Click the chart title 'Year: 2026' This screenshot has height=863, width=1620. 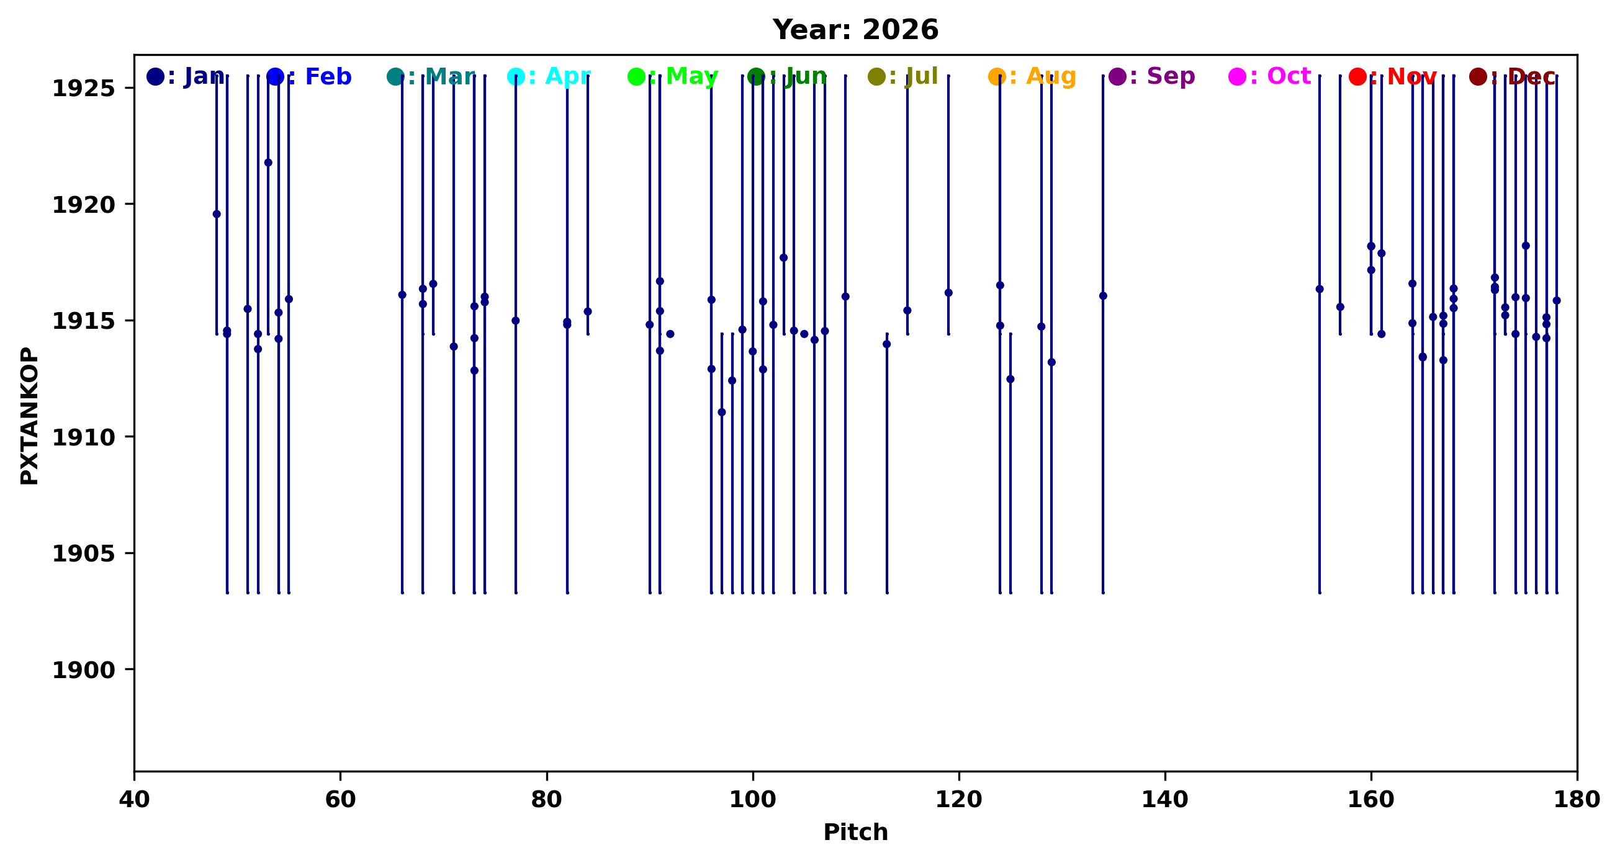click(x=855, y=30)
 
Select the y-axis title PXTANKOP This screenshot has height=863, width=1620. click(x=30, y=416)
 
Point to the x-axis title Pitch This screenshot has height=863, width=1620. click(x=855, y=832)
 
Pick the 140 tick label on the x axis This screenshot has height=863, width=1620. click(x=1165, y=800)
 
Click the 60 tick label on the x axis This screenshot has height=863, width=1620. click(x=340, y=800)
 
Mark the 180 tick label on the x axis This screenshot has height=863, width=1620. click(x=1577, y=800)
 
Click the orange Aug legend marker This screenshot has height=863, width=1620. click(x=996, y=77)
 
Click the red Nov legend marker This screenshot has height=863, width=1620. click(x=1357, y=77)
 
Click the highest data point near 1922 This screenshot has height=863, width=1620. click(x=268, y=163)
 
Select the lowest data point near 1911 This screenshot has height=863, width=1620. click(x=721, y=413)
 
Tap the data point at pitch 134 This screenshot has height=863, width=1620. click(x=1103, y=296)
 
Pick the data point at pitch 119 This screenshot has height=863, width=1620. click(x=948, y=293)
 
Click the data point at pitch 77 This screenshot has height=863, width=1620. click(x=516, y=321)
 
